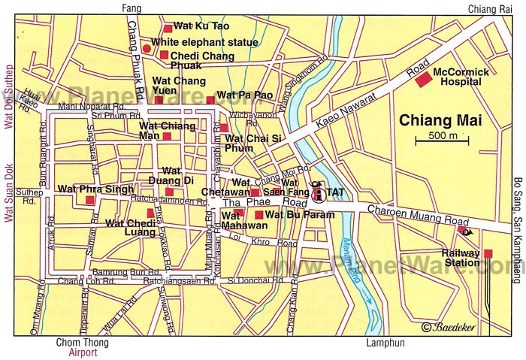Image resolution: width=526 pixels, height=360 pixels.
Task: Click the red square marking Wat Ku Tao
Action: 168,29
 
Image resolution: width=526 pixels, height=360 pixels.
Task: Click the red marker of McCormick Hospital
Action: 425,78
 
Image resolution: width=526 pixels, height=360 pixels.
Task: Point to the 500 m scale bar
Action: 442,141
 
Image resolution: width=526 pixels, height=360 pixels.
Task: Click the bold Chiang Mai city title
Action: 440,120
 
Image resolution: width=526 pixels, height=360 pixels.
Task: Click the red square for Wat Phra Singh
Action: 89,201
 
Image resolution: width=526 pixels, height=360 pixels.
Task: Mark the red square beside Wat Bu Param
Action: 259,215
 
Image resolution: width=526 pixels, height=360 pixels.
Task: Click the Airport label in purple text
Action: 83,352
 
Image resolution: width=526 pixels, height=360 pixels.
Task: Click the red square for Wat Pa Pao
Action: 210,99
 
